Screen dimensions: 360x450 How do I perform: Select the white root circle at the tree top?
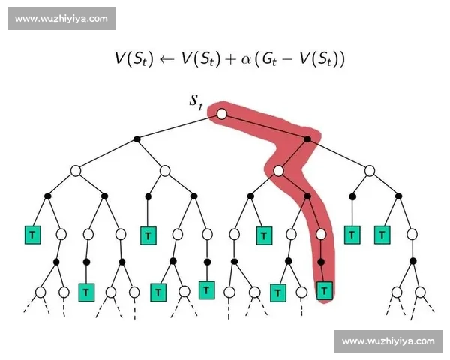(x=222, y=114)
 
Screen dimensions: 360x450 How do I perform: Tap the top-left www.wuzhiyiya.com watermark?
(x=62, y=18)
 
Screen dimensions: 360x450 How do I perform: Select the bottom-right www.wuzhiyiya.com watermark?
(x=387, y=341)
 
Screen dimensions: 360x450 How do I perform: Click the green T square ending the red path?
(x=324, y=289)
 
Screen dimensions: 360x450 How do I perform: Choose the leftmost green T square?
(x=32, y=235)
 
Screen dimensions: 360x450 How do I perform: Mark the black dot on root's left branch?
(x=136, y=139)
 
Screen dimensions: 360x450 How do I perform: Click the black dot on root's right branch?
(x=307, y=139)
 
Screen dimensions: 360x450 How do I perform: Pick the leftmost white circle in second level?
(x=76, y=171)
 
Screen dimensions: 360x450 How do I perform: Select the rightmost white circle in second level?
(x=369, y=171)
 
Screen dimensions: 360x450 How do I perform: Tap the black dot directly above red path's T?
(x=322, y=262)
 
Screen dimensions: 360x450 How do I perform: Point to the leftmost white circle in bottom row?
(x=40, y=291)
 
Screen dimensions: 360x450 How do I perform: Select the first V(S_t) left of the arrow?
(x=133, y=59)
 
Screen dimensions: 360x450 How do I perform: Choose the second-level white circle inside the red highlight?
(x=278, y=171)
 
